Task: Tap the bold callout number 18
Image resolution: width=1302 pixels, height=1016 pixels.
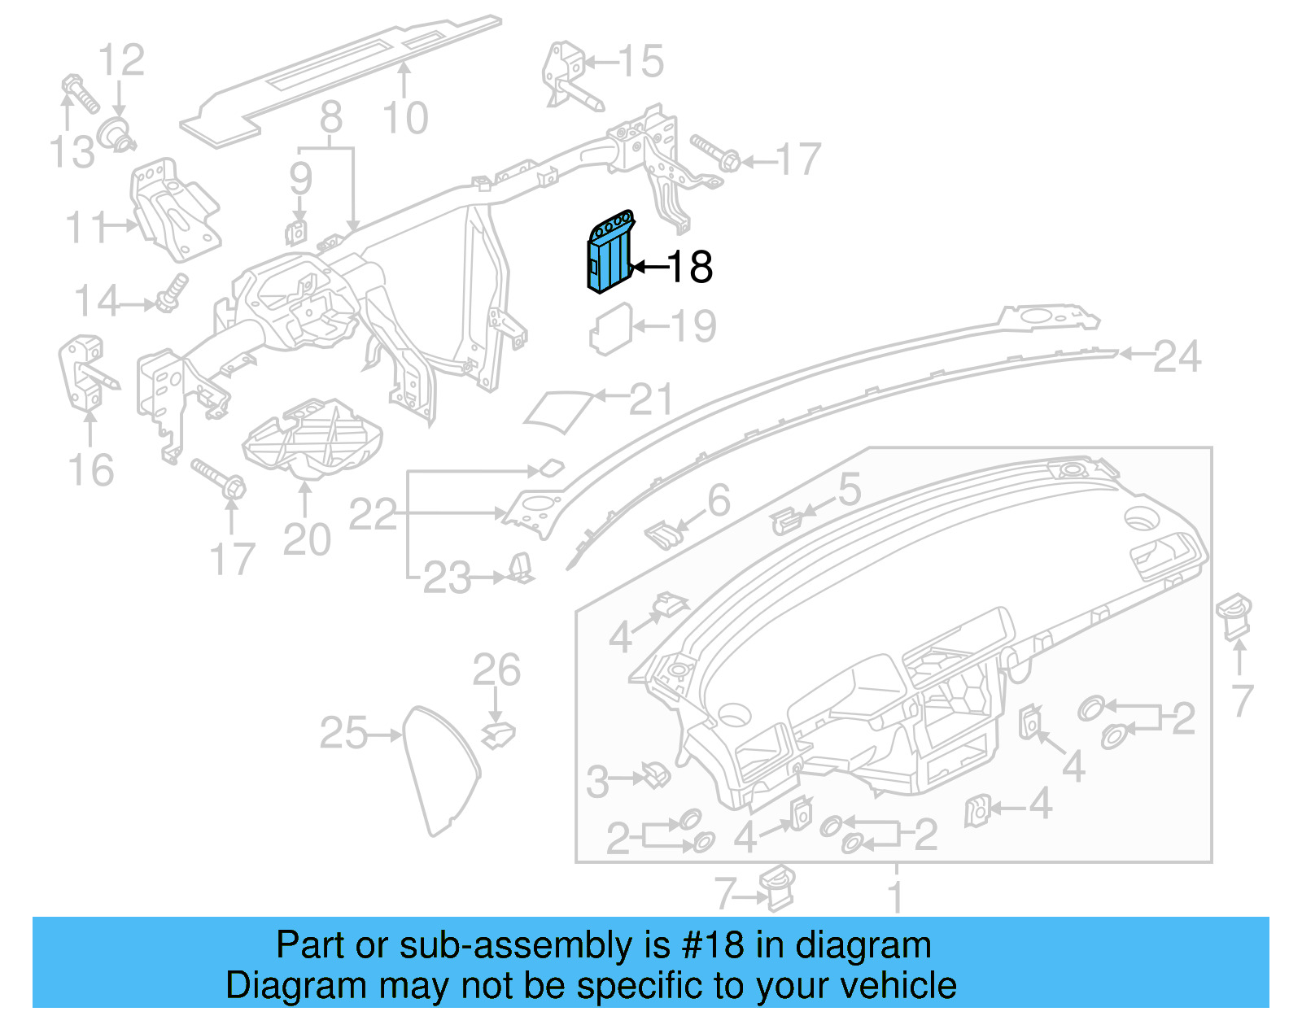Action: [x=690, y=267]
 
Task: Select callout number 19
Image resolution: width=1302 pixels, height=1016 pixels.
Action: [x=694, y=326]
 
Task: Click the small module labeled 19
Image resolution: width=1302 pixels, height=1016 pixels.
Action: [x=610, y=329]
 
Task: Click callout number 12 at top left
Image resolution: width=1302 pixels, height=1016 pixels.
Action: [x=121, y=60]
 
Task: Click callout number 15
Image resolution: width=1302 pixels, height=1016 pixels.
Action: [x=641, y=61]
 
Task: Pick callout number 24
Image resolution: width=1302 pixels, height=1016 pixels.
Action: [x=1177, y=356]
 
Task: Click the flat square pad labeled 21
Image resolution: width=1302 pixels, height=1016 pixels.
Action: [x=557, y=411]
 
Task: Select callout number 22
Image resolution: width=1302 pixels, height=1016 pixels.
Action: [x=373, y=514]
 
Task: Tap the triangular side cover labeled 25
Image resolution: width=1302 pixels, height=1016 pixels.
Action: [x=439, y=769]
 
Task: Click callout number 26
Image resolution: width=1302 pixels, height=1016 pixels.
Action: [x=496, y=670]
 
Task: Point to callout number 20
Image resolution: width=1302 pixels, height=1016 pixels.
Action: [x=307, y=539]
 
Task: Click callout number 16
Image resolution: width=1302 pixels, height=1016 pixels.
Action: [x=90, y=470]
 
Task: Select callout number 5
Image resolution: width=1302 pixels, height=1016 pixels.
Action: [x=849, y=490]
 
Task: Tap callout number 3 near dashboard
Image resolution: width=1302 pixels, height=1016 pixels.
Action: [x=597, y=782]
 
